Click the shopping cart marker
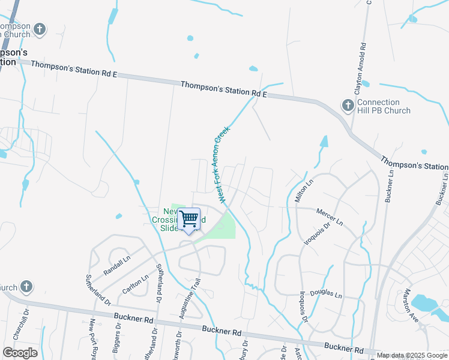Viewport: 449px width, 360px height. click(x=189, y=219)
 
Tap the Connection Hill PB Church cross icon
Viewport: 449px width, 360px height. click(x=348, y=106)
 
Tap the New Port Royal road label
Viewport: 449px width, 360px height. click(x=93, y=338)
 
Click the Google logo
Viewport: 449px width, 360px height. click(x=20, y=353)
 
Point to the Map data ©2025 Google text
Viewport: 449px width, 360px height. click(x=412, y=355)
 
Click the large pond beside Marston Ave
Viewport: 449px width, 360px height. click(x=429, y=302)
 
